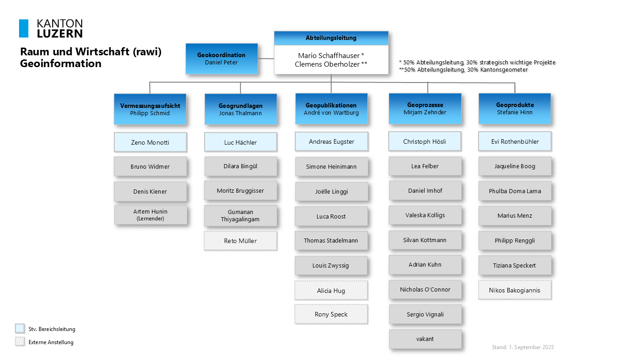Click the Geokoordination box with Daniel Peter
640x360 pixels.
[x=221, y=59]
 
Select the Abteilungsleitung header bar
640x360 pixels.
[x=331, y=38]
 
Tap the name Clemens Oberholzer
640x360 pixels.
[x=327, y=64]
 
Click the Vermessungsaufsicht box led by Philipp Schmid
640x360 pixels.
[x=150, y=109]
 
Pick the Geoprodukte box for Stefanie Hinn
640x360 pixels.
[x=514, y=108]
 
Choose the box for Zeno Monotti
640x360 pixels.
[x=150, y=142]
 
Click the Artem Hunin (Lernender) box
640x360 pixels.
[x=151, y=215]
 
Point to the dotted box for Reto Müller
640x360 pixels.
[x=240, y=241]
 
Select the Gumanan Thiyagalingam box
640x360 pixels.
[x=240, y=216]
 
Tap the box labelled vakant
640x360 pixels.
[x=425, y=339]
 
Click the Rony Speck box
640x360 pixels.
[x=331, y=314]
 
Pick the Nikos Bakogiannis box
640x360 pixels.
[x=514, y=290]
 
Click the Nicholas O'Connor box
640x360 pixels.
[x=425, y=289]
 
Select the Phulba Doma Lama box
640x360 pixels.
[x=515, y=191]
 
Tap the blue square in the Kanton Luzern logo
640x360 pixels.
[x=24, y=28]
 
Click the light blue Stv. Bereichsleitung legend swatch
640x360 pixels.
[x=20, y=328]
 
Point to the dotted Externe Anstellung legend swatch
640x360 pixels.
[x=20, y=341]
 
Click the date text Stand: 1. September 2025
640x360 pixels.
[x=523, y=347]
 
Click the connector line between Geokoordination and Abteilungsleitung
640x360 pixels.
[x=266, y=58]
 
